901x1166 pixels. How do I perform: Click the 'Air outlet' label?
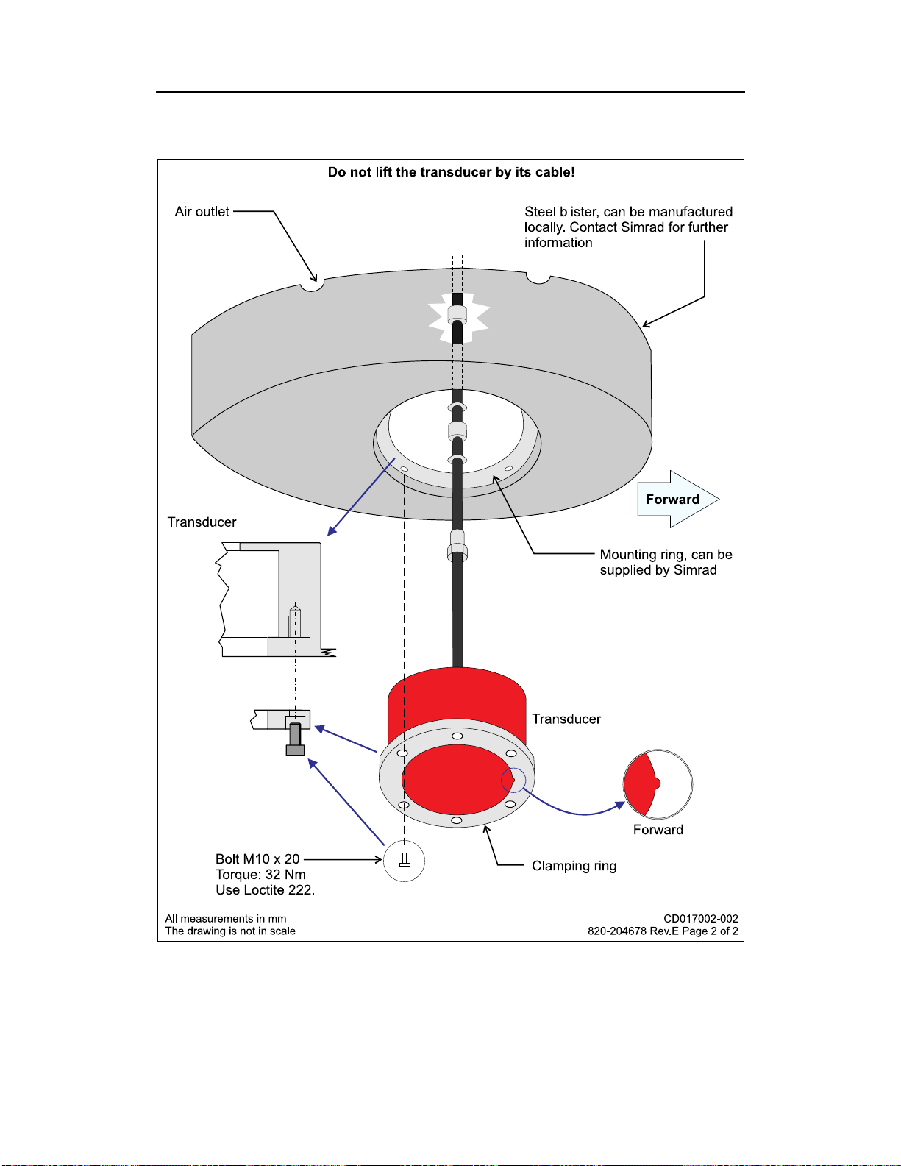202,212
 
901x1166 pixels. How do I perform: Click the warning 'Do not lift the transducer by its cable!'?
451,172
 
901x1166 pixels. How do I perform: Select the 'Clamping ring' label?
574,866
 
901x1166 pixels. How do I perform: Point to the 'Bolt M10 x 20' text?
257,859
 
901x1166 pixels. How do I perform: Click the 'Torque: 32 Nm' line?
260,875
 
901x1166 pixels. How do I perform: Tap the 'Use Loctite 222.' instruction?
265,890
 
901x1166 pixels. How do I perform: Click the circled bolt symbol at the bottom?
404,860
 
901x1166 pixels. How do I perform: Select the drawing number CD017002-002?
700,919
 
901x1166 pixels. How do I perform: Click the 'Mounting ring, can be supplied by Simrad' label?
665,562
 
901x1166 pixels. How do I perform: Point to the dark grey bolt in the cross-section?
295,739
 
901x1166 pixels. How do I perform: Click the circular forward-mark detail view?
658,784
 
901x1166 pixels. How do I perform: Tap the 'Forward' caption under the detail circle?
658,830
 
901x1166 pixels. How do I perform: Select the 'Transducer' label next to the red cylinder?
566,719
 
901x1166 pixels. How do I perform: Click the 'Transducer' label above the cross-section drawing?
202,522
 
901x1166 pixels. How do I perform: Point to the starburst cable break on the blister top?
458,319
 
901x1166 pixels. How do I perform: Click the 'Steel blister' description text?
628,227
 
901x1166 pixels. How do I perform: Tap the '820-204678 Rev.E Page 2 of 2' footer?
662,931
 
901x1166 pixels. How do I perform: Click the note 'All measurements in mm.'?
227,919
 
